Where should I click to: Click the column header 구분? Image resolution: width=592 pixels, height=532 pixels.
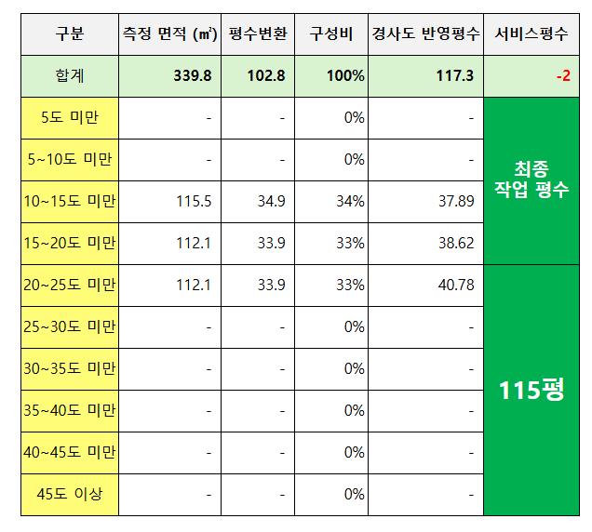click(70, 34)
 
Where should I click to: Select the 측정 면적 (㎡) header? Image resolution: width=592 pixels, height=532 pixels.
click(169, 34)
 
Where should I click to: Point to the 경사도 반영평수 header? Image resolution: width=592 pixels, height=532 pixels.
click(425, 34)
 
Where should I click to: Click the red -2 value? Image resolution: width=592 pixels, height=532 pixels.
click(562, 76)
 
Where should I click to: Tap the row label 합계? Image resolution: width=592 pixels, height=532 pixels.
click(70, 76)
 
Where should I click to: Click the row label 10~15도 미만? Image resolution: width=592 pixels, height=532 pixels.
click(70, 202)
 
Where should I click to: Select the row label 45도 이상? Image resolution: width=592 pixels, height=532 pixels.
click(70, 494)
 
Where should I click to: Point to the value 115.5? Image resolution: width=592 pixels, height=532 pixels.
click(196, 202)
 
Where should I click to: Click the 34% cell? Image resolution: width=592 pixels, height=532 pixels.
click(353, 202)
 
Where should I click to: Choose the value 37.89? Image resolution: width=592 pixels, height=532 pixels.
click(457, 202)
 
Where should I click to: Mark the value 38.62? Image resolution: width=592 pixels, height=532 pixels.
click(457, 244)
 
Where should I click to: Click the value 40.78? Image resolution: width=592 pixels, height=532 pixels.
click(457, 285)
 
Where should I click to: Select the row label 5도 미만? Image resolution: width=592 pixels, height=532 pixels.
click(70, 118)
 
